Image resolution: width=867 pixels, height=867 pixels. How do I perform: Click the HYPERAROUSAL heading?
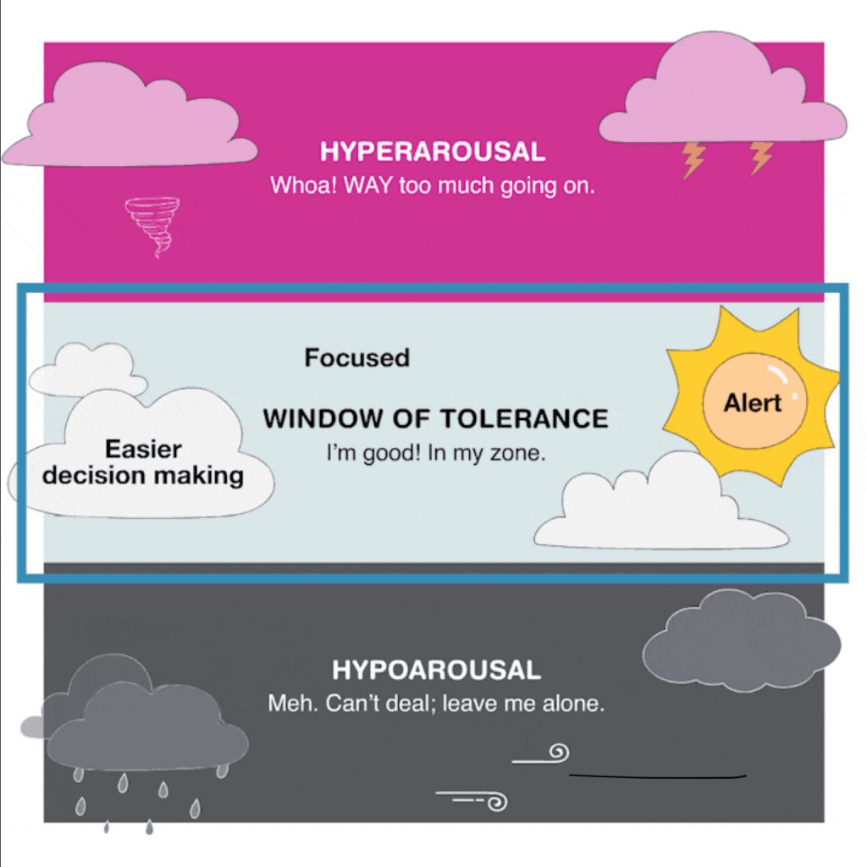[432, 152]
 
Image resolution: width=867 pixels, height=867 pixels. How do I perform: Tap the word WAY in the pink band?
[369, 185]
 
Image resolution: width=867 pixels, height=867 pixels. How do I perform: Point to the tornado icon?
[152, 224]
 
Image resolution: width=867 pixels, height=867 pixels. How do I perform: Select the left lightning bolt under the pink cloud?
[694, 158]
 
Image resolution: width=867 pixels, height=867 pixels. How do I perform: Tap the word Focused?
[356, 358]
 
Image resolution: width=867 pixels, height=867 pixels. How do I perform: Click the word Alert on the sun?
[752, 403]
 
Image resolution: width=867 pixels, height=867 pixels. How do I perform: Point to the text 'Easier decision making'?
[143, 462]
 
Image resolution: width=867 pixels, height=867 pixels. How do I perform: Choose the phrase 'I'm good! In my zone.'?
[436, 454]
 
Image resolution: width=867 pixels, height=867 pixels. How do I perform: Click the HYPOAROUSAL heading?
[436, 671]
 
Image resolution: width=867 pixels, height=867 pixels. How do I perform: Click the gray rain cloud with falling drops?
[144, 728]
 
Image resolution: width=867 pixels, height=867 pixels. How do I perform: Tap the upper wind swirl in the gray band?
[542, 754]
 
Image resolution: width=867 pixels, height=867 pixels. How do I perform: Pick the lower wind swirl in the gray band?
[474, 798]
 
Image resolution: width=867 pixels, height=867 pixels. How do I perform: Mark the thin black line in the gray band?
[658, 775]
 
